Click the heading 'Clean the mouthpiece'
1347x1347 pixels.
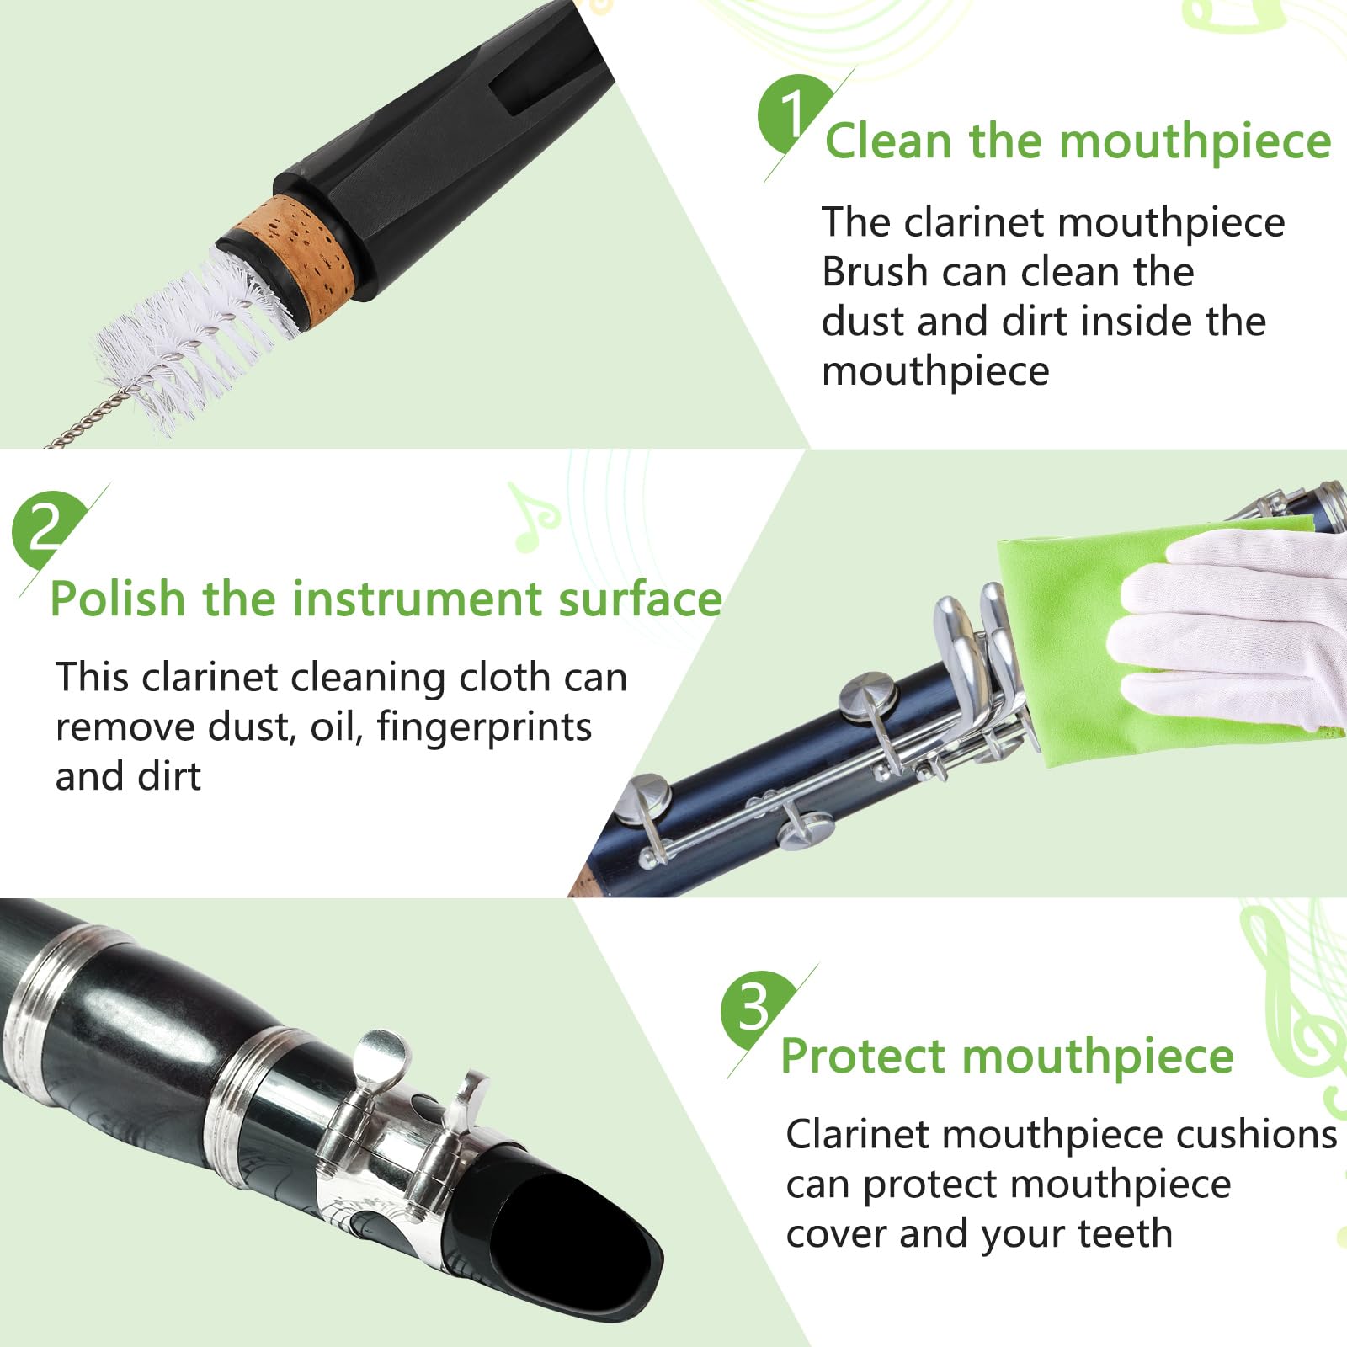[x=1078, y=141]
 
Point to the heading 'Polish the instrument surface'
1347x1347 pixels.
[x=386, y=599]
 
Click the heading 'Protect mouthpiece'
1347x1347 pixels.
[x=1006, y=1057]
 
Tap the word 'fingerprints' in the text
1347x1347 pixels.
[x=484, y=727]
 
